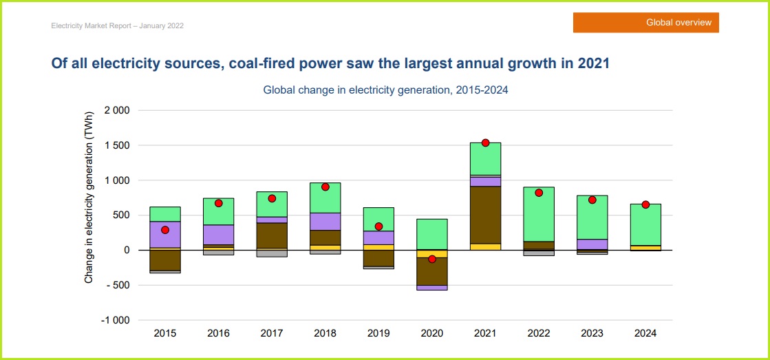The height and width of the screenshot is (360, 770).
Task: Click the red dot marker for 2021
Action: coord(485,142)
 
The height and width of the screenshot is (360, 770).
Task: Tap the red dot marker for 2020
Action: coord(432,259)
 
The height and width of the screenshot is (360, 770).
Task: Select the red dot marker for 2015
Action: coord(165,230)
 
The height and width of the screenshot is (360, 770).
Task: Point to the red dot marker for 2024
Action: coord(645,204)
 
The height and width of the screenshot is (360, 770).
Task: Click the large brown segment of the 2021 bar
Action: coord(485,215)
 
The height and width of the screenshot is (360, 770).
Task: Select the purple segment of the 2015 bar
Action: coord(165,235)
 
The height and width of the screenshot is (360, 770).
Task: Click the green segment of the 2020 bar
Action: coord(432,234)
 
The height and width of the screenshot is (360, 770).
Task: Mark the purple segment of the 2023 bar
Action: coord(592,244)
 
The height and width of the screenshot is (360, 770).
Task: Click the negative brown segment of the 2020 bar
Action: coord(432,271)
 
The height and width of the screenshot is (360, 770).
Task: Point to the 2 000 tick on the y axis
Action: coord(116,110)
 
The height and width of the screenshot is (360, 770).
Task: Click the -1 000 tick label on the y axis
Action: coord(114,320)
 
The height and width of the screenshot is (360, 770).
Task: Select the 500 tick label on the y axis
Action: coord(120,215)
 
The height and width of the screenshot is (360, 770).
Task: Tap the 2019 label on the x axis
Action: coord(378,333)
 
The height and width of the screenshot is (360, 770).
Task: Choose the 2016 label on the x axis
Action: coord(218,333)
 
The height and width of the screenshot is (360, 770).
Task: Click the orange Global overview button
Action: coord(645,23)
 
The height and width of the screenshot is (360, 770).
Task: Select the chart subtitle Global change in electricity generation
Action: coord(385,89)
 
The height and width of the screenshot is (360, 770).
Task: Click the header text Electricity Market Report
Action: coord(117,25)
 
